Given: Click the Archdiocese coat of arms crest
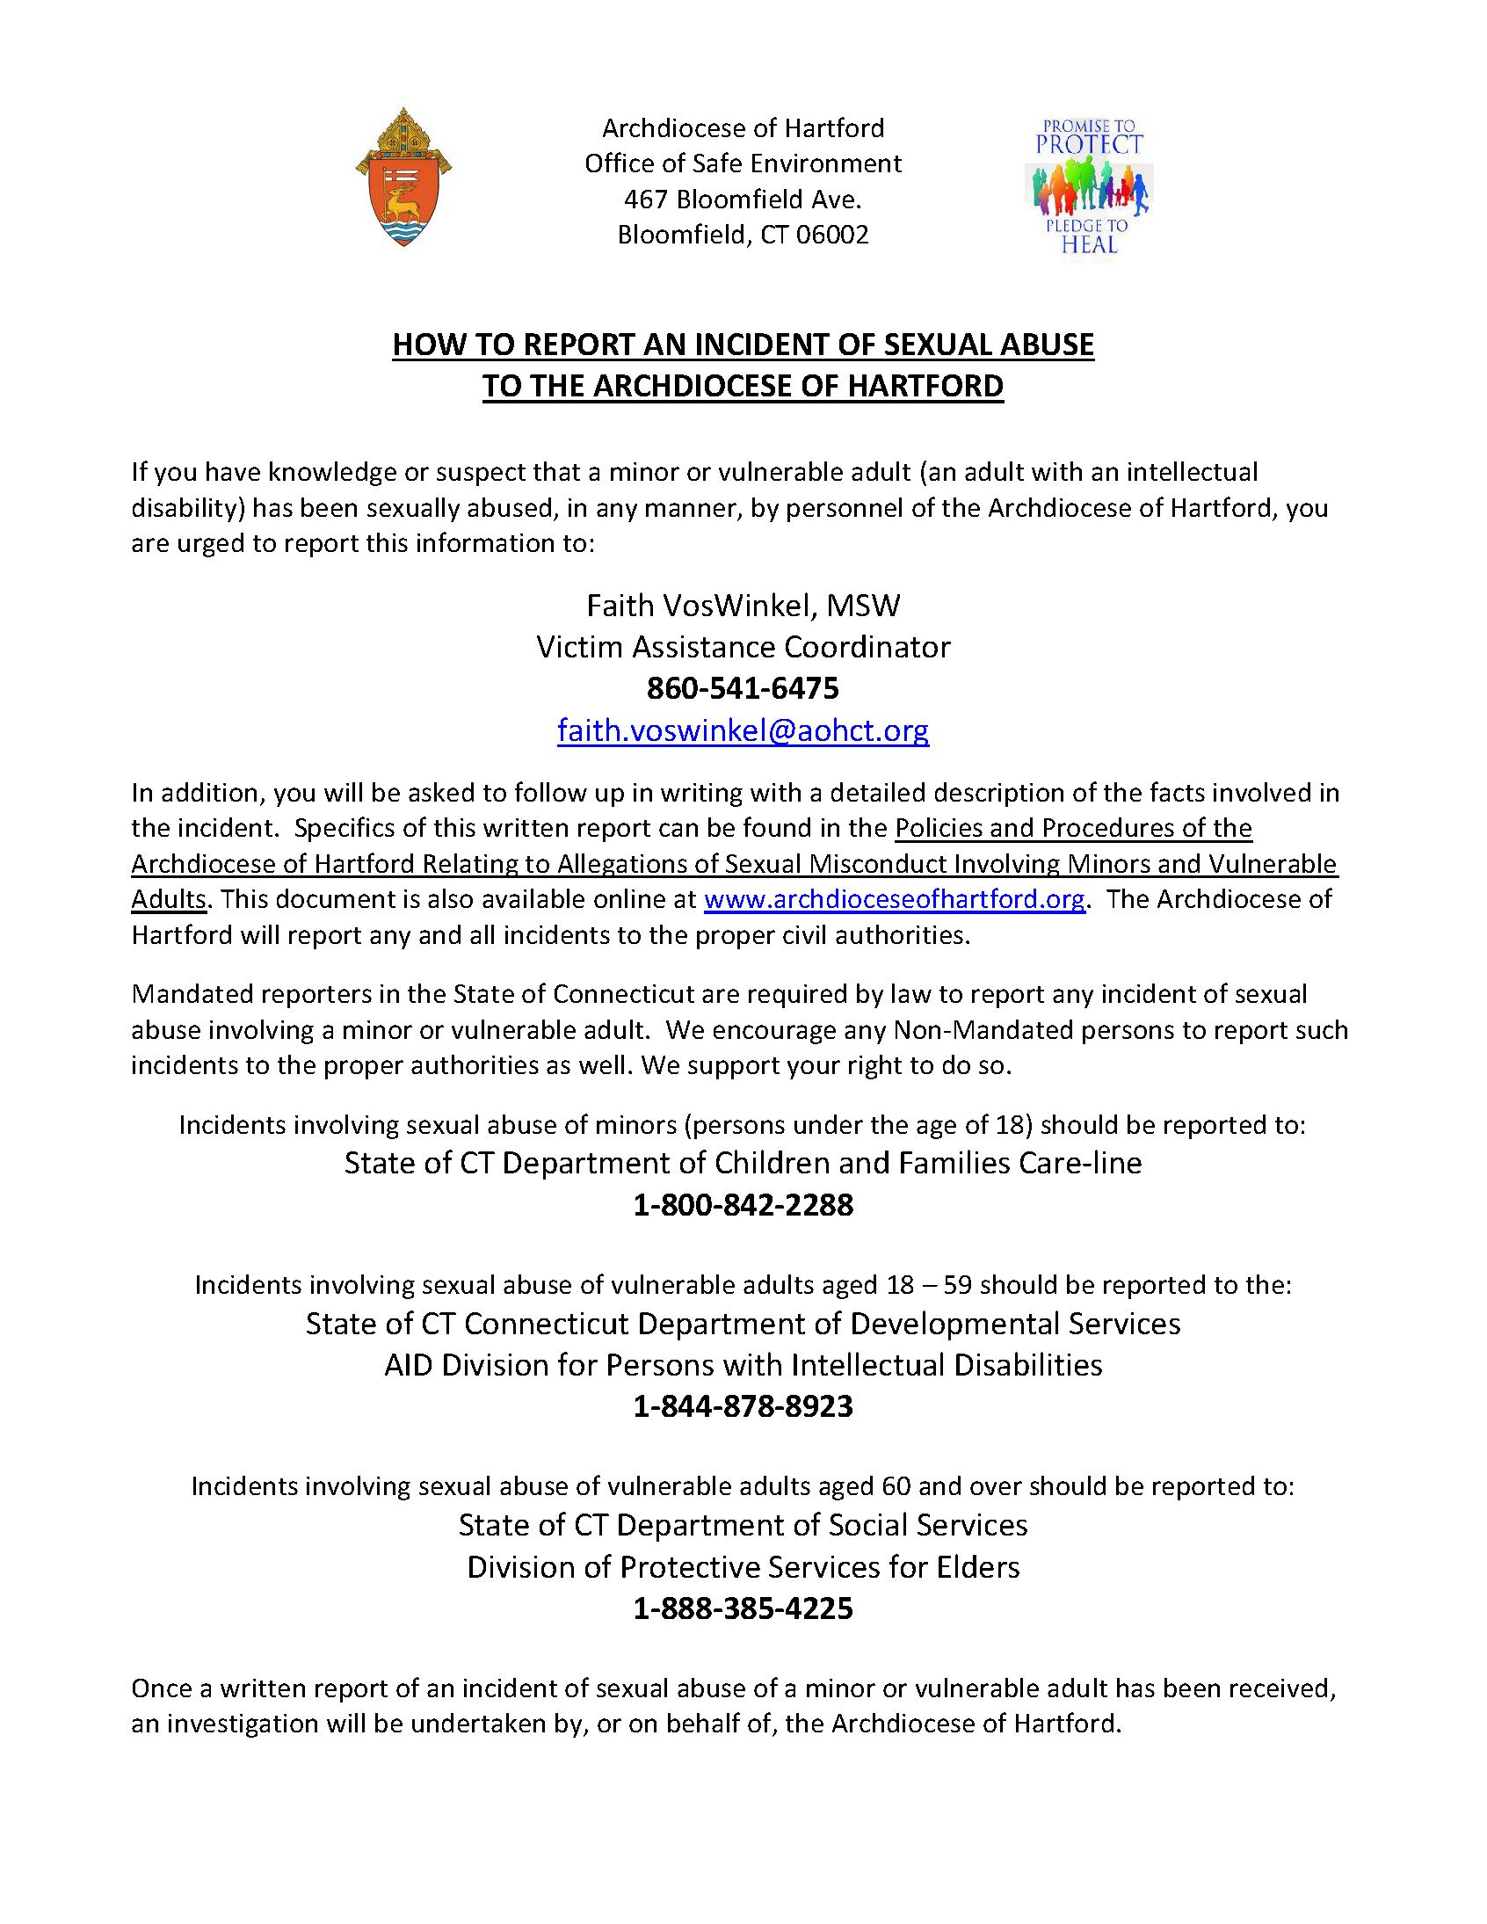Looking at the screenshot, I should click(403, 178).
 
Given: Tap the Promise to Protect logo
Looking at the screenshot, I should click(1090, 186).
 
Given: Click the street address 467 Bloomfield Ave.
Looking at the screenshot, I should click(743, 200).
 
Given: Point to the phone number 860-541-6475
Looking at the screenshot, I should click(743, 688).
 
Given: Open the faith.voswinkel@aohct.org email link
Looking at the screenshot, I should click(743, 730).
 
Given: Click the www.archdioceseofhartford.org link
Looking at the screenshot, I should click(894, 899).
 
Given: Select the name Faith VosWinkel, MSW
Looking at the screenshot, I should click(743, 606).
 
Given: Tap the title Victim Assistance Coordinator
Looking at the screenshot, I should click(743, 648).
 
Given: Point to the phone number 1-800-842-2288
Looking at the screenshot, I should click(743, 1205).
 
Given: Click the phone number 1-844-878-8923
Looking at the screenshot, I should click(743, 1407).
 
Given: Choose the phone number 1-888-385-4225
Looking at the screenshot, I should click(743, 1609).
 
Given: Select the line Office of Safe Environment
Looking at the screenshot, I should click(743, 163).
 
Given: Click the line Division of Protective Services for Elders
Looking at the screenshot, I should click(743, 1567).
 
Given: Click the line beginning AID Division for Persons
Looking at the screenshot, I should click(743, 1366).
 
